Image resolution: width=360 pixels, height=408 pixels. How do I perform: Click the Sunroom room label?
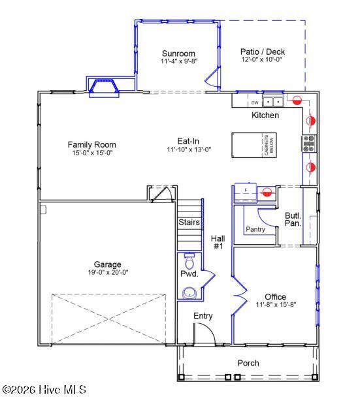[x=179, y=53]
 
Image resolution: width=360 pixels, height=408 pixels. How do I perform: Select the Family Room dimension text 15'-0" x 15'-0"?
[x=92, y=153]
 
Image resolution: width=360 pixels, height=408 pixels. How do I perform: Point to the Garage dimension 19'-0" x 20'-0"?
[x=108, y=273]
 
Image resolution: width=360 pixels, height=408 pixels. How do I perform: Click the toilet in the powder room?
[x=190, y=262]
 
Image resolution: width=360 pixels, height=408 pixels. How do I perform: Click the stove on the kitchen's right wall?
[x=308, y=142]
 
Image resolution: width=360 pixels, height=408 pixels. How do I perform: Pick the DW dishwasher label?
[x=255, y=102]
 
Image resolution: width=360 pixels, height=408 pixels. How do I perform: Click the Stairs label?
[x=189, y=223]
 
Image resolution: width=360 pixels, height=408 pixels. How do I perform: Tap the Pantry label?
[x=255, y=229]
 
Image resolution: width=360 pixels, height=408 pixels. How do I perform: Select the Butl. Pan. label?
[x=293, y=219]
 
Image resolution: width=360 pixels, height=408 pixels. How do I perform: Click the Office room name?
[x=275, y=296]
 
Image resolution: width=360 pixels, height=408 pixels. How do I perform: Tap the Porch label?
[x=248, y=363]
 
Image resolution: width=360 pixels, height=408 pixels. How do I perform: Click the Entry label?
[x=203, y=316]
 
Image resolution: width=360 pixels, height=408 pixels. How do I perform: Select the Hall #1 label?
[x=218, y=242]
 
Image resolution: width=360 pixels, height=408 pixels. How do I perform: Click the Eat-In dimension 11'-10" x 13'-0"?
[x=189, y=149]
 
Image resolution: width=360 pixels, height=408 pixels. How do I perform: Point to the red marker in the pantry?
[x=267, y=192]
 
